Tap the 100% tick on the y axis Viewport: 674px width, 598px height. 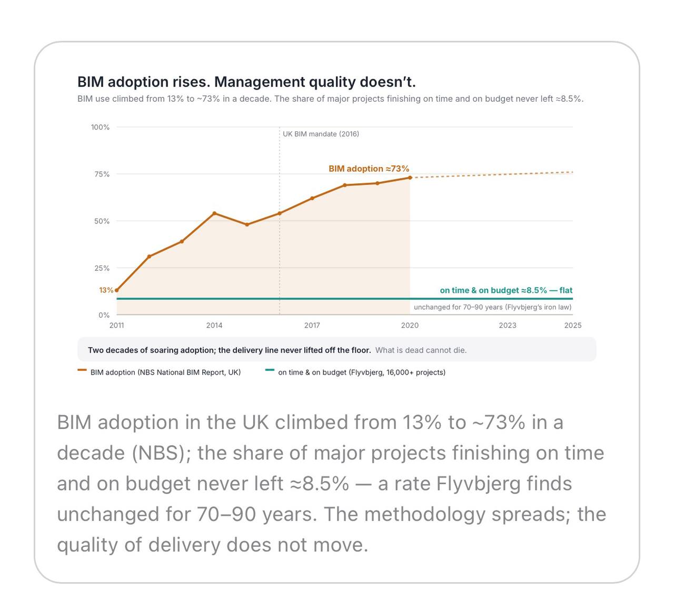(100, 127)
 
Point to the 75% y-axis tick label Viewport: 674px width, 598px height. (102, 174)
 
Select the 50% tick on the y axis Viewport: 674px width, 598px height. (102, 221)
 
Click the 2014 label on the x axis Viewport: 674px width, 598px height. (214, 325)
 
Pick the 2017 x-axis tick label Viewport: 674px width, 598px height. (312, 325)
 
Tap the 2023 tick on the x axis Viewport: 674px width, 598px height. (507, 325)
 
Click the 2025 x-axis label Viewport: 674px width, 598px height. (572, 325)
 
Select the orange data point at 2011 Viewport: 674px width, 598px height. (117, 290)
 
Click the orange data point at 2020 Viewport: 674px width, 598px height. (410, 178)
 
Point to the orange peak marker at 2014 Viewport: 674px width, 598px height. (214, 213)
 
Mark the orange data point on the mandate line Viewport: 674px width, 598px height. (280, 213)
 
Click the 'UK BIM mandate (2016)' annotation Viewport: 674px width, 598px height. (321, 134)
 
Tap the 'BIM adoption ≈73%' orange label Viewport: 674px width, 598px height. (369, 169)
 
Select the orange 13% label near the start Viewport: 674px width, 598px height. (106, 290)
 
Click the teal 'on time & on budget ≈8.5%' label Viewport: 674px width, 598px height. (493, 290)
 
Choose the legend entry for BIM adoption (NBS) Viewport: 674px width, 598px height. (159, 372)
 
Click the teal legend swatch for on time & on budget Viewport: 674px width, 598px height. (270, 369)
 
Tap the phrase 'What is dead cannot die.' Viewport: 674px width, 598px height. (421, 350)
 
